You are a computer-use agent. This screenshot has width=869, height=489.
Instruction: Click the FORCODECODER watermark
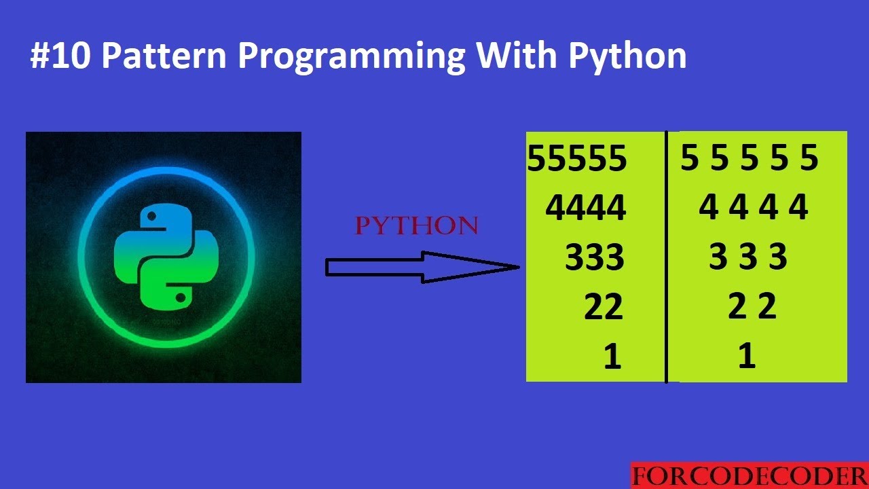[x=749, y=476]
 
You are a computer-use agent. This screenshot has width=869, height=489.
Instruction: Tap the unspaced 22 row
[x=604, y=308]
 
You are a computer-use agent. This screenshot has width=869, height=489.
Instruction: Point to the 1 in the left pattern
[x=612, y=357]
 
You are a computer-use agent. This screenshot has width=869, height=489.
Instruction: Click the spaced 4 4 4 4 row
[x=753, y=207]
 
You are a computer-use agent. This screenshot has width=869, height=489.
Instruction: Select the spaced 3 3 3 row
[x=748, y=257]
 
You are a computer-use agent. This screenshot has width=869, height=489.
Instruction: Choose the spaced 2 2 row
[x=752, y=307]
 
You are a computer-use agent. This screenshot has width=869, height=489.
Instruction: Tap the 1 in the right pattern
[x=747, y=355]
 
